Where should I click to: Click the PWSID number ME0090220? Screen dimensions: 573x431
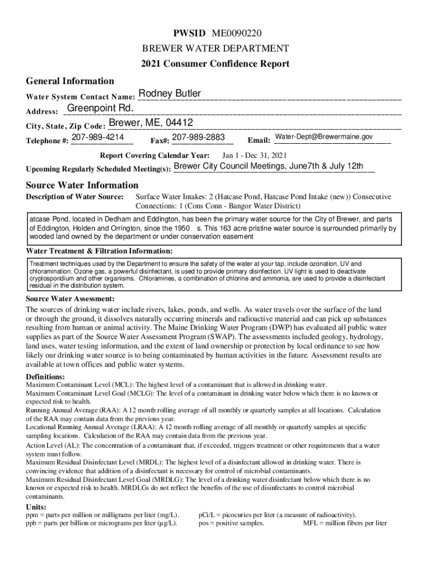point(237,33)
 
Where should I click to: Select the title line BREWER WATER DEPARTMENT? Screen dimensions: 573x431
point(215,48)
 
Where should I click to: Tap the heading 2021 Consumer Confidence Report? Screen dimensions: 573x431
point(215,64)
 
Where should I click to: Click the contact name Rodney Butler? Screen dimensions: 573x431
point(170,93)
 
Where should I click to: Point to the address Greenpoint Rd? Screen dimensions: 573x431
point(100,107)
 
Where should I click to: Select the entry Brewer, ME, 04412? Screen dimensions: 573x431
point(151,123)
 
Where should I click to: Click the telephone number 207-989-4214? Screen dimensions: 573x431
point(99,137)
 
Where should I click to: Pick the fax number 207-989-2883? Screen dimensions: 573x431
point(199,137)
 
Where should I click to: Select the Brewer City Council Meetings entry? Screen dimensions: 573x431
point(269,166)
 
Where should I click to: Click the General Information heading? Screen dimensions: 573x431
point(70,81)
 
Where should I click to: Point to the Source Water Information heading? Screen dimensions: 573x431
point(82,185)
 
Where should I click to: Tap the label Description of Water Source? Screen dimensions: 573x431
point(75,197)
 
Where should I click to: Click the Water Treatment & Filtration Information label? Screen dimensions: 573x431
point(100,251)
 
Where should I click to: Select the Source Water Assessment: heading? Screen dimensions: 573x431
point(71,298)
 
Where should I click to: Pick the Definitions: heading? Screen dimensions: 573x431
point(45,377)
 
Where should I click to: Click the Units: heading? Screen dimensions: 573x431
point(36,507)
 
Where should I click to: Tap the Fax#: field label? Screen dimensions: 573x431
point(160,140)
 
